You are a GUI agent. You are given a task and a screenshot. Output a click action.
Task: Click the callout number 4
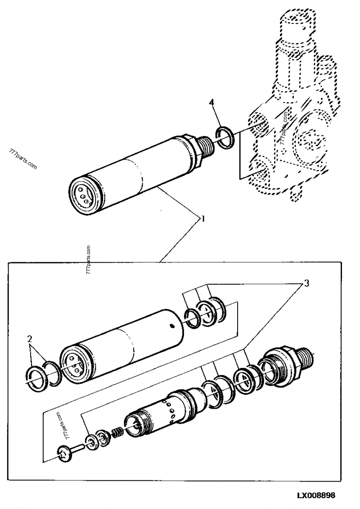[211, 103]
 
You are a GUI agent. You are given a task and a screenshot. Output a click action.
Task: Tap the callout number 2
[30, 339]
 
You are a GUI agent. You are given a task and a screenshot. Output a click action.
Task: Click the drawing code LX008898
[315, 495]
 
